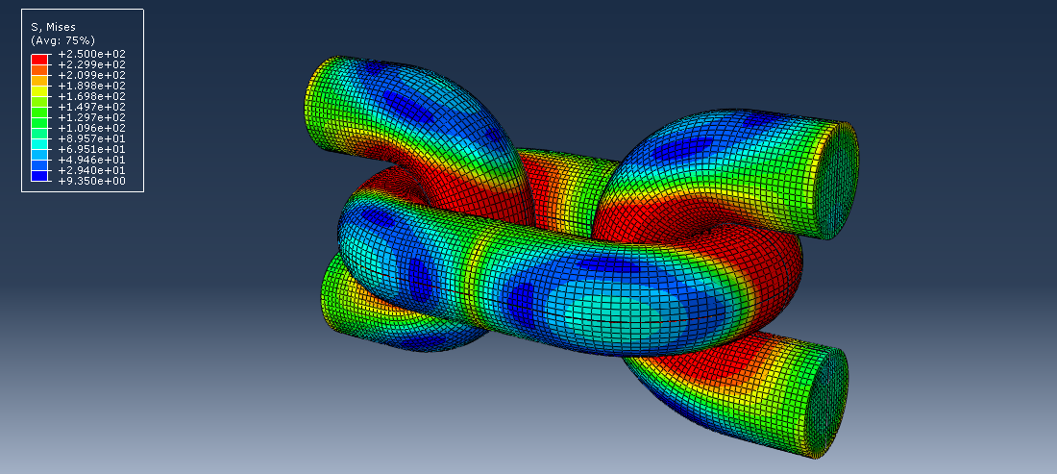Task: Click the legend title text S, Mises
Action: pos(54,28)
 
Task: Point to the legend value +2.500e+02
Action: pos(92,54)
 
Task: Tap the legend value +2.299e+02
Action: pos(92,64)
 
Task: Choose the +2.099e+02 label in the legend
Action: pos(92,75)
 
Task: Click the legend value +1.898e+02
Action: pos(92,86)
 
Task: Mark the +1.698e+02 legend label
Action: pos(92,96)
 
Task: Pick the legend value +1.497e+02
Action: pos(92,107)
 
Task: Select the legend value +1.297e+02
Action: pos(92,117)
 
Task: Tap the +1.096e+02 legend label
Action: pos(92,128)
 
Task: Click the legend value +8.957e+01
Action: pos(92,138)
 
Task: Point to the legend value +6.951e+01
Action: pos(92,149)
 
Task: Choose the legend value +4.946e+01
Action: pos(92,160)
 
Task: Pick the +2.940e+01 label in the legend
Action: pos(92,170)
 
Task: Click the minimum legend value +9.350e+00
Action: pos(92,181)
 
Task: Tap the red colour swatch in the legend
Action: pos(39,59)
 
